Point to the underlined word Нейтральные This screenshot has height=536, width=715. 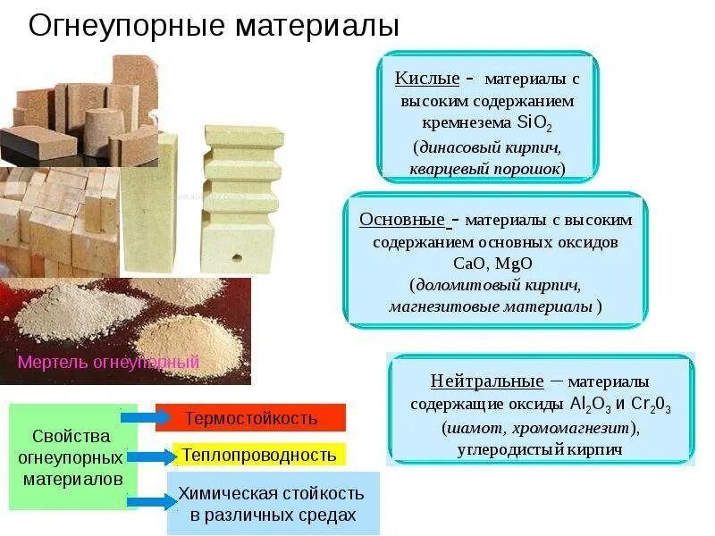click(486, 381)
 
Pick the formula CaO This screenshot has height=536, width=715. click(470, 264)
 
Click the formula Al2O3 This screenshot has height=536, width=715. click(593, 405)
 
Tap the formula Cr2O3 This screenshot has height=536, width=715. click(651, 405)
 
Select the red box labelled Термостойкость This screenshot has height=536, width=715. click(250, 418)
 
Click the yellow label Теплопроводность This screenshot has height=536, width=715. click(259, 456)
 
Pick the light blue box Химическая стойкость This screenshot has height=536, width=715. click(272, 504)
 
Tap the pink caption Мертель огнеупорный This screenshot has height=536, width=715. click(108, 363)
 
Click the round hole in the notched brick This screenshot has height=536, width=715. click(237, 256)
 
